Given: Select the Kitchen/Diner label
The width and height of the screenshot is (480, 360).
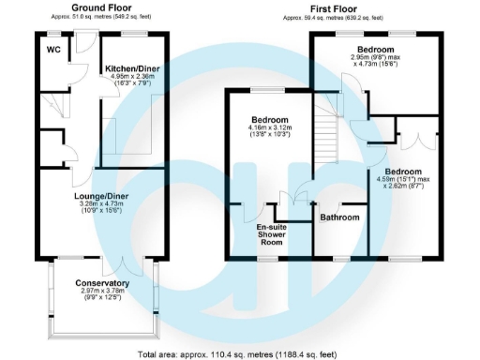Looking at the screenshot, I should click(131, 68).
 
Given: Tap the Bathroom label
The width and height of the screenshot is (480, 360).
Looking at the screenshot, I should click(340, 217).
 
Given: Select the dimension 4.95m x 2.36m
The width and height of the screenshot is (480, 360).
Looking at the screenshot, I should click(131, 77).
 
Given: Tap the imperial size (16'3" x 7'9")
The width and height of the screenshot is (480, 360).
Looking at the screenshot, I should click(131, 84).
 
